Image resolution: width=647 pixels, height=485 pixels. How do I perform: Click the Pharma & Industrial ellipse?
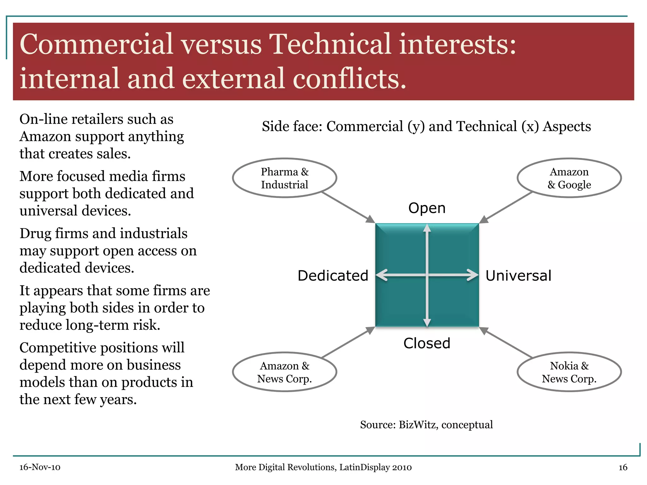[284, 178]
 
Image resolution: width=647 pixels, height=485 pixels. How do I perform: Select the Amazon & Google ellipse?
[569, 178]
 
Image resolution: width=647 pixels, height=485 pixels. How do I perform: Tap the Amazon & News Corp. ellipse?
[284, 372]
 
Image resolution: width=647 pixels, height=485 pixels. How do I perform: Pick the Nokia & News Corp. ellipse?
[569, 372]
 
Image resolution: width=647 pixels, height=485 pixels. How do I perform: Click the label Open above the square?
[427, 208]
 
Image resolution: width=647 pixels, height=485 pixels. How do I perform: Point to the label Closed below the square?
[427, 343]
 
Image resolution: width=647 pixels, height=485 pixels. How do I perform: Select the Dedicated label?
[333, 276]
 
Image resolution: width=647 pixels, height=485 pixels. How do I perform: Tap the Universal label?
[518, 276]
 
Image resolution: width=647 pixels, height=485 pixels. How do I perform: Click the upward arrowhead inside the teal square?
[427, 228]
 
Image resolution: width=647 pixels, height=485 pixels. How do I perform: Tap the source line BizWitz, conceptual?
[426, 425]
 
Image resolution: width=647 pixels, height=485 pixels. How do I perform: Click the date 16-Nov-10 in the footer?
[40, 467]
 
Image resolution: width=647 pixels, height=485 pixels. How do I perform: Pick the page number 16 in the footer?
[623, 467]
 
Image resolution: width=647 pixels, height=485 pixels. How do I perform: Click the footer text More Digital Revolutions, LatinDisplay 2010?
[323, 467]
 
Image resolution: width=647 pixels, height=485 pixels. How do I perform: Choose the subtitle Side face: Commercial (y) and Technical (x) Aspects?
[426, 127]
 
